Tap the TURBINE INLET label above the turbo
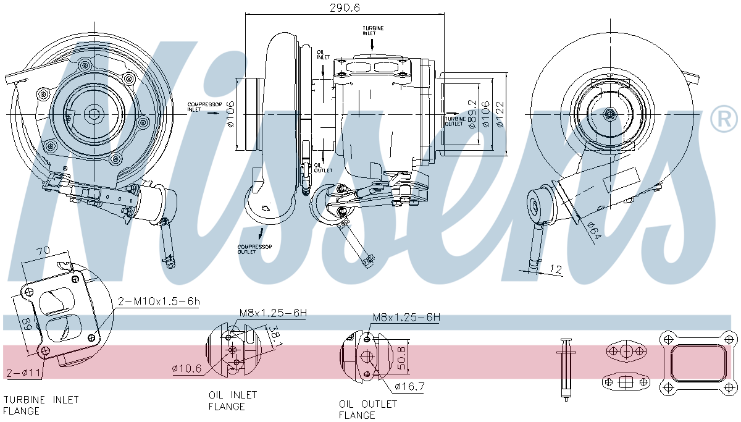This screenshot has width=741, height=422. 373,31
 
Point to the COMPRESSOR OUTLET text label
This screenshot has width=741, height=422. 254,249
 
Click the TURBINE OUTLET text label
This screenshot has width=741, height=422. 455,120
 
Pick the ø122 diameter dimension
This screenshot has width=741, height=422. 501,114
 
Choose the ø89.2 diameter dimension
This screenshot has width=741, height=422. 472,114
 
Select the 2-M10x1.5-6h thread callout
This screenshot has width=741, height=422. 159,302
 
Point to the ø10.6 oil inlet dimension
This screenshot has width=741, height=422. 186,369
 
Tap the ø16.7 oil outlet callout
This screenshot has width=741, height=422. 409,387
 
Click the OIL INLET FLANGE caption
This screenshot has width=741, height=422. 232,400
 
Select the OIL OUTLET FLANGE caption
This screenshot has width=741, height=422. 368,409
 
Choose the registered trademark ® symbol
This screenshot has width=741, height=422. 724,119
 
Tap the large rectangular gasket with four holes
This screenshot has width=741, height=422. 698,363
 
